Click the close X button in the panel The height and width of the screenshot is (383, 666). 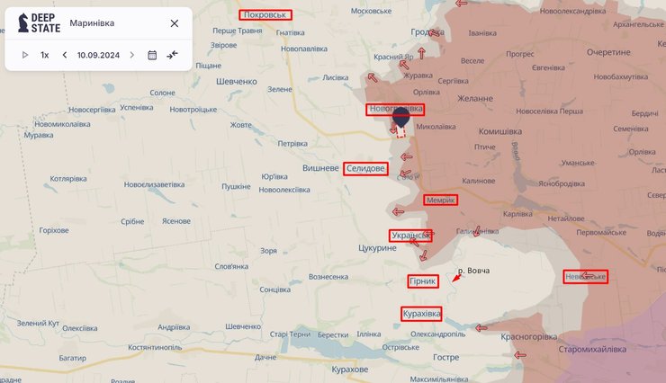click(174, 23)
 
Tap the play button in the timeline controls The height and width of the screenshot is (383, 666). click(25, 55)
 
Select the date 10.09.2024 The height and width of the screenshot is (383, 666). click(99, 55)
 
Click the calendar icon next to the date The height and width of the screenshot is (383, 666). click(152, 55)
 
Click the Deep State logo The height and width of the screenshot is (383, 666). click(34, 23)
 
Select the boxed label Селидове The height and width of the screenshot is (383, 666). click(365, 168)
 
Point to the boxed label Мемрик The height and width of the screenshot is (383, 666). click(441, 200)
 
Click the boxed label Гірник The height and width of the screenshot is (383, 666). click(423, 281)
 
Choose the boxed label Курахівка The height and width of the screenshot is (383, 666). click(421, 313)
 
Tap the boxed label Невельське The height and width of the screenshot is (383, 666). click(585, 276)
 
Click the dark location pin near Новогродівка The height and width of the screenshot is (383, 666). click(401, 115)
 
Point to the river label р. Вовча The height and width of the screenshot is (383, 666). click(473, 271)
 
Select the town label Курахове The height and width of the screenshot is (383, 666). click(349, 370)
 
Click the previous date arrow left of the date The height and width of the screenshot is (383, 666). click(65, 55)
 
